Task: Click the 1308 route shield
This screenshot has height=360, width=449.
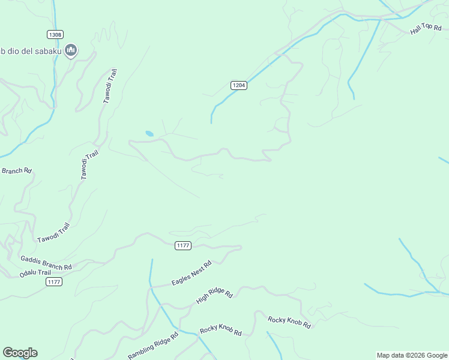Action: tap(55, 35)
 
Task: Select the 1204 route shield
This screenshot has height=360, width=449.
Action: tap(239, 86)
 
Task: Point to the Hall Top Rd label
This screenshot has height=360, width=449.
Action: tap(426, 28)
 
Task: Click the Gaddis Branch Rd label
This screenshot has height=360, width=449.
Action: tap(46, 263)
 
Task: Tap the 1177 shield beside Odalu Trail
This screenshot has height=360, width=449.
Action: tap(54, 282)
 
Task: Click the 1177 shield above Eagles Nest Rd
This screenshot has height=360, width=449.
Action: tap(183, 245)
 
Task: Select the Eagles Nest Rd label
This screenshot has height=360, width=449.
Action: tap(191, 274)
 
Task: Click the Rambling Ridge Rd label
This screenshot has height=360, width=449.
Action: tap(153, 347)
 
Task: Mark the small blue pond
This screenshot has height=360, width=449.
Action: tap(149, 133)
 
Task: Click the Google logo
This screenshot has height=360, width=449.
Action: tap(20, 353)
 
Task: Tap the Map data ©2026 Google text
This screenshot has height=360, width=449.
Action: tap(412, 355)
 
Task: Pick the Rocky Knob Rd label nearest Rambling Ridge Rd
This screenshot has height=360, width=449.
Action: tap(220, 331)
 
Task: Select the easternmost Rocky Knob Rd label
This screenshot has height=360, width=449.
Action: tap(289, 322)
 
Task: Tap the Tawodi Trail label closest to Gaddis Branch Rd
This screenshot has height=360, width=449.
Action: tap(54, 233)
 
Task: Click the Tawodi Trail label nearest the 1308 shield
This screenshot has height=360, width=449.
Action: tap(110, 86)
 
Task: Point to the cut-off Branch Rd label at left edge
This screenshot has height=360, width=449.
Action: tap(16, 171)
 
